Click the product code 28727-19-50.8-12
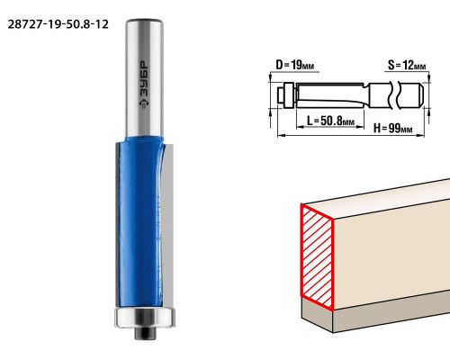tap(58, 24)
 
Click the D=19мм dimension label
tap(294, 65)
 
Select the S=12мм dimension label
tap(407, 65)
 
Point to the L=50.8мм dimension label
tap(331, 121)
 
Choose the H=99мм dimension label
tap(392, 129)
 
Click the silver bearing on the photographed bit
tap(145, 317)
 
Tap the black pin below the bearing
tap(145, 333)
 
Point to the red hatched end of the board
tap(317, 257)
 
